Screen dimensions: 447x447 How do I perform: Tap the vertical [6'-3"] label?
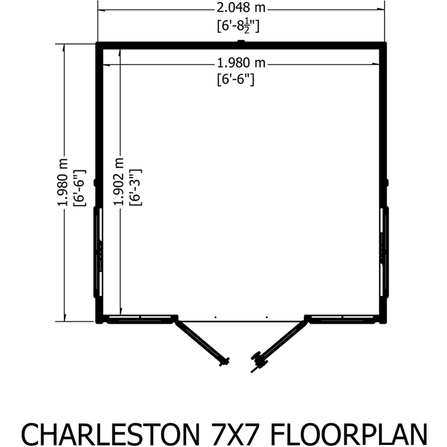(135, 187)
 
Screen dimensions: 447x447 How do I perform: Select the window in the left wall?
(98, 253)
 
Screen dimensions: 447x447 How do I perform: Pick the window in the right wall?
(384, 253)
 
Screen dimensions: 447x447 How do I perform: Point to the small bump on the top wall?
(241, 42)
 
